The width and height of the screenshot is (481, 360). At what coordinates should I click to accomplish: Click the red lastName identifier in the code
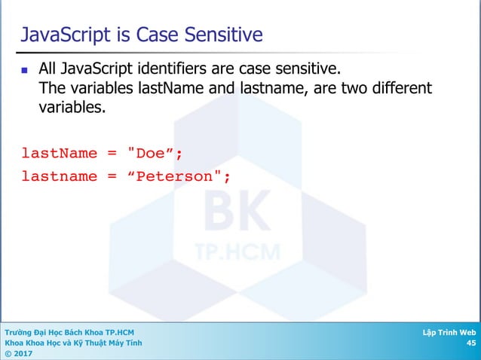pyautogui.click(x=59, y=154)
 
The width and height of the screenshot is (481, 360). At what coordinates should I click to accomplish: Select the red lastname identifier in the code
pyautogui.click(x=59, y=176)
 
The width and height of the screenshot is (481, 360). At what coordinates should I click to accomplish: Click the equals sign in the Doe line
pyautogui.click(x=112, y=154)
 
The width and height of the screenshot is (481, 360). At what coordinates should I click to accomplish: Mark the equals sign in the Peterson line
pyautogui.click(x=112, y=176)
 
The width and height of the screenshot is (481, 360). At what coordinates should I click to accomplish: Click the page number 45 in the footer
pyautogui.click(x=470, y=343)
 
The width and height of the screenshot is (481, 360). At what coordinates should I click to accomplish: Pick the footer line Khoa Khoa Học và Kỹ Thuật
pyautogui.click(x=72, y=343)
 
